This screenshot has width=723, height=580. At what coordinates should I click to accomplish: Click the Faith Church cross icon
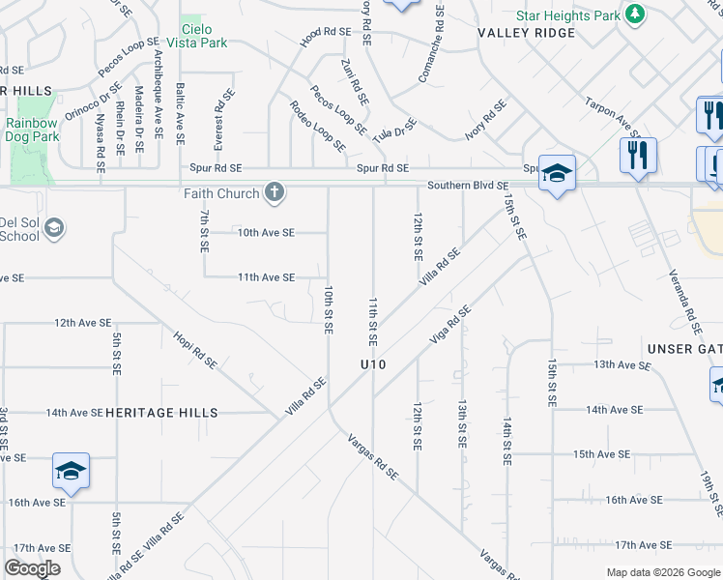pyautogui.click(x=275, y=192)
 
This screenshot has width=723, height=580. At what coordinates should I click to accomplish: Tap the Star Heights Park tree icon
pyautogui.click(x=635, y=14)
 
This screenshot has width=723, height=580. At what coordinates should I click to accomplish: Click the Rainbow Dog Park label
pyautogui.click(x=32, y=130)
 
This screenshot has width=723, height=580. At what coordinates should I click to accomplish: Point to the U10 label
pyautogui.click(x=373, y=364)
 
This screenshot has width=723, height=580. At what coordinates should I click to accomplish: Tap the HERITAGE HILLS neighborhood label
pyautogui.click(x=161, y=413)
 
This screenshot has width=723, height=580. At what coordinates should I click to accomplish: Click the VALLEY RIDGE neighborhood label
pyautogui.click(x=527, y=33)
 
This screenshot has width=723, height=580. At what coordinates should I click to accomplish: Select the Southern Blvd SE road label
pyautogui.click(x=468, y=186)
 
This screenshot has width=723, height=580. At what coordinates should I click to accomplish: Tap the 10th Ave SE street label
pyautogui.click(x=266, y=233)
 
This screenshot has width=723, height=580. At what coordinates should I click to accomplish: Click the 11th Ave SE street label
pyautogui.click(x=266, y=277)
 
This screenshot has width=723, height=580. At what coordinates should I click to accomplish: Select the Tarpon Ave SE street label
pyautogui.click(x=614, y=117)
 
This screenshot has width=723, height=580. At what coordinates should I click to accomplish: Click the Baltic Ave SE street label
pyautogui.click(x=180, y=117)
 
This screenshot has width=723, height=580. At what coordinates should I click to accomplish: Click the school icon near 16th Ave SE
pyautogui.click(x=72, y=470)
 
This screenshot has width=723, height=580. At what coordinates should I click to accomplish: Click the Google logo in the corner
pyautogui.click(x=32, y=568)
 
